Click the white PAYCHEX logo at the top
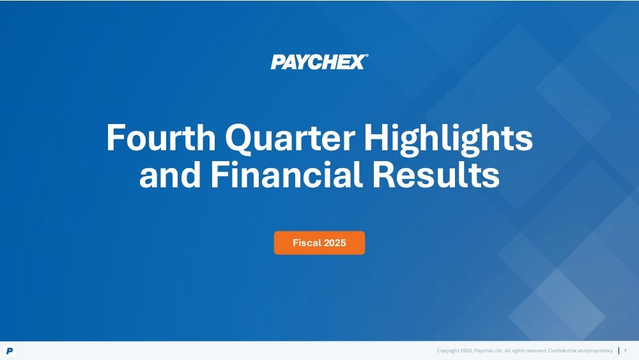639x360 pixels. pos(319,62)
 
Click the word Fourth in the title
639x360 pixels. pos(161,137)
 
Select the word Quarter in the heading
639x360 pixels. pos(289,138)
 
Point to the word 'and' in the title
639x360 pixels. pos(170,174)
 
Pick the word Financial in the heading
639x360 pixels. pos(286,174)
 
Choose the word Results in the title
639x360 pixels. pos(436,174)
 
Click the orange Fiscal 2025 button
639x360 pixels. pos(319,243)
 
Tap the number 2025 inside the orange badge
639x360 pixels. pos(335,243)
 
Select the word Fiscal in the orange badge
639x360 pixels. pos(307,243)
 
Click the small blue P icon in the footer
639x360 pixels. pos(10,350)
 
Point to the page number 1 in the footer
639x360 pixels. pos(625,350)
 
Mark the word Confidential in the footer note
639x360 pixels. pos(562,350)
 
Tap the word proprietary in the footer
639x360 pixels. pos(600,350)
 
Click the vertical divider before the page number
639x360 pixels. pos(619,350)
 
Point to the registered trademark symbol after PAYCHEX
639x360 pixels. pos(367,56)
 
